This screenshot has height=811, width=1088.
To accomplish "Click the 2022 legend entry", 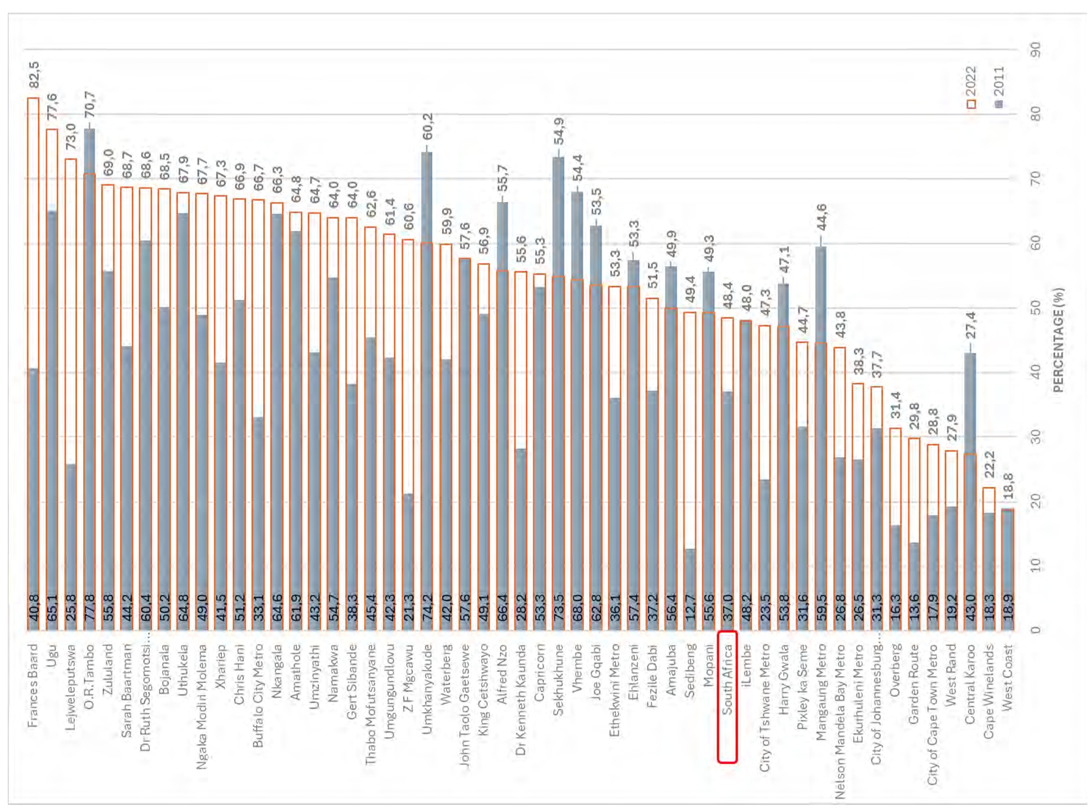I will click(971, 87).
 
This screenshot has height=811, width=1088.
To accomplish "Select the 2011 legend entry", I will click(999, 87).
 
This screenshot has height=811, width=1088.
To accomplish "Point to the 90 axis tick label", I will click(1035, 49).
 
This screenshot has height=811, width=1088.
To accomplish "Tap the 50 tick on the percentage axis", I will click(1035, 308).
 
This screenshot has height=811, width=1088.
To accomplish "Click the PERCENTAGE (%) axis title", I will click(1059, 340).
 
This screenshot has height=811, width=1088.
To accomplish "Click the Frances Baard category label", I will click(33, 685).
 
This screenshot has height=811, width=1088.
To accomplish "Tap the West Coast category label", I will click(1008, 677).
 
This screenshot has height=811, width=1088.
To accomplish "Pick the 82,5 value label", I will click(34, 74).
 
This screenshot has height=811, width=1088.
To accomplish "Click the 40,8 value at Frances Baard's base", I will click(33, 608).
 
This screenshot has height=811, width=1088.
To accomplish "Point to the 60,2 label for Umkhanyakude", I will click(427, 126).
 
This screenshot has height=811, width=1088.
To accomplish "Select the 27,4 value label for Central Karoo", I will click(970, 325).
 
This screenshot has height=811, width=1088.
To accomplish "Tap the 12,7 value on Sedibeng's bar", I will click(689, 608).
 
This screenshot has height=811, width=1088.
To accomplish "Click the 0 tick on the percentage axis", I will click(1035, 630).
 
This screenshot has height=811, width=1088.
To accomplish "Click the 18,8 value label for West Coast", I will click(1008, 486).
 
